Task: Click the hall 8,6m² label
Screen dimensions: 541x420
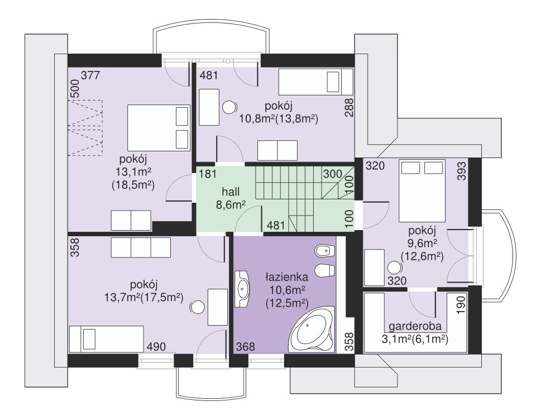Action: click(231, 198)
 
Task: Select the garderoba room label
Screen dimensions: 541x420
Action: click(415, 327)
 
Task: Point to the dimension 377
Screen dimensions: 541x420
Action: click(90, 75)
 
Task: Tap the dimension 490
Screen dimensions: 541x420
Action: click(156, 346)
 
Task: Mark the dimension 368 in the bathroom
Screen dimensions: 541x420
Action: click(245, 346)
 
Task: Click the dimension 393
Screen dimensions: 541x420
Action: click(462, 171)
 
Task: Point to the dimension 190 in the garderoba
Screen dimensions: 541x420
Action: click(462, 303)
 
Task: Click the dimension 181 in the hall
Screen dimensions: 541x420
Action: click(208, 173)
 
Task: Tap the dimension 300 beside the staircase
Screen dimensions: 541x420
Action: click(333, 174)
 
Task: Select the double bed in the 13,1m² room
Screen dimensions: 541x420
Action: click(159, 128)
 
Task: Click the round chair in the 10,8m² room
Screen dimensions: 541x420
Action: click(229, 107)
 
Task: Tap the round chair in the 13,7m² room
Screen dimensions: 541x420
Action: click(198, 307)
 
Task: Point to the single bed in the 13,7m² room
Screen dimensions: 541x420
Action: click(106, 339)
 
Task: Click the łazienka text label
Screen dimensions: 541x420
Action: click(286, 277)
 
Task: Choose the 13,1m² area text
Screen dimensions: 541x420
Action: click(133, 172)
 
